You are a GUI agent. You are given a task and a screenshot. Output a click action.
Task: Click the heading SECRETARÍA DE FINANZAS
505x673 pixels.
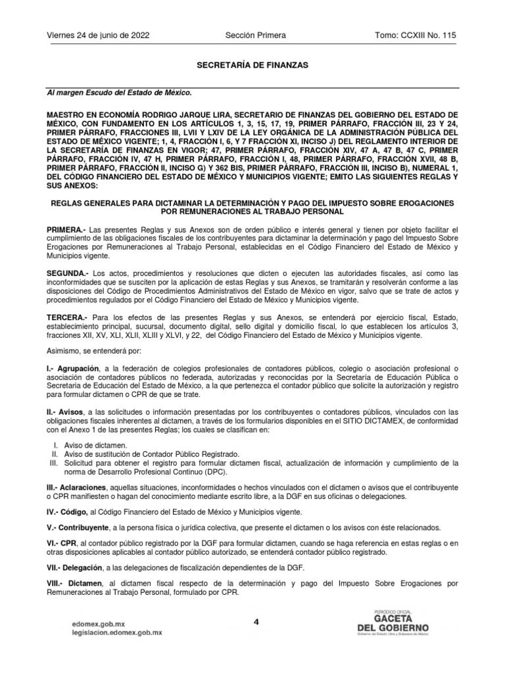(x=252, y=66)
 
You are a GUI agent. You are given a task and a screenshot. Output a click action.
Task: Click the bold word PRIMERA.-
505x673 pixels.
(x=66, y=229)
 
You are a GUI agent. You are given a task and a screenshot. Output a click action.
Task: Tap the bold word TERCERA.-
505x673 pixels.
(x=68, y=316)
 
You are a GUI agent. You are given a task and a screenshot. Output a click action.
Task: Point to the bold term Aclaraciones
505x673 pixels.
(x=85, y=490)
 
